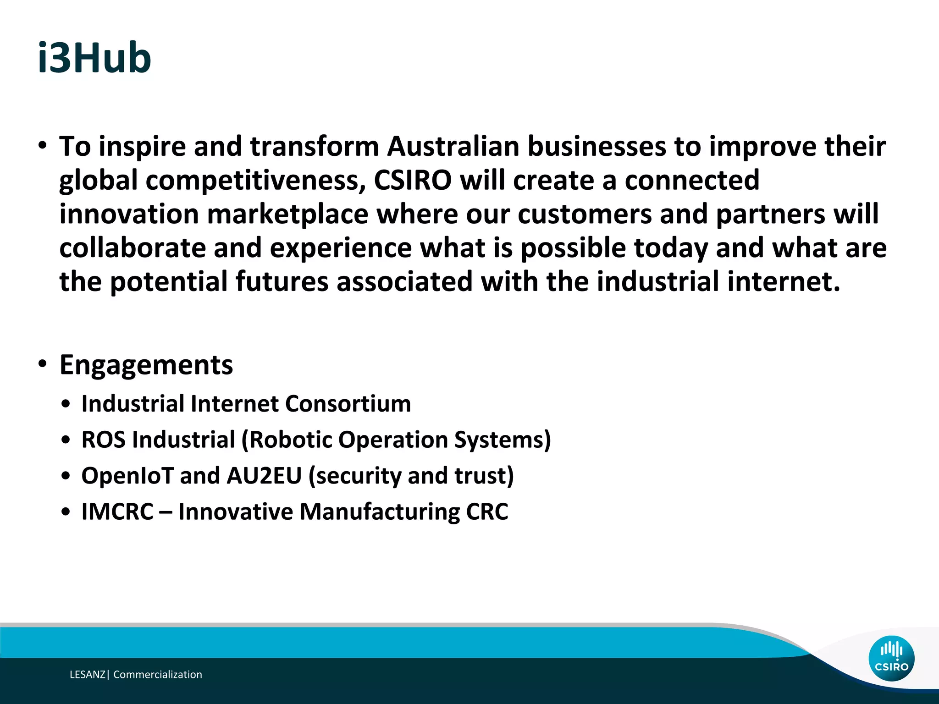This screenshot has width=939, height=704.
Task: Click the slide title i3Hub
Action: pyautogui.click(x=94, y=58)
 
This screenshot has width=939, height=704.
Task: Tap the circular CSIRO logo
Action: pyautogui.click(x=891, y=658)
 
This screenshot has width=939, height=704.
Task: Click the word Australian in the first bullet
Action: pyautogui.click(x=453, y=147)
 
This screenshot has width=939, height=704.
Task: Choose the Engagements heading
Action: pyautogui.click(x=146, y=365)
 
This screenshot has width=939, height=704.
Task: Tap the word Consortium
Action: pyautogui.click(x=348, y=404)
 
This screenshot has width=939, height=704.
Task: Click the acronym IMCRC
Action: pyautogui.click(x=117, y=511)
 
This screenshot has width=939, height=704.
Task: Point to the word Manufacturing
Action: pyautogui.click(x=379, y=511)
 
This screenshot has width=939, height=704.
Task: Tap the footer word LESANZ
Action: pyautogui.click(x=88, y=674)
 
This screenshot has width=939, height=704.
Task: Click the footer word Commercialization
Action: pyautogui.click(x=158, y=674)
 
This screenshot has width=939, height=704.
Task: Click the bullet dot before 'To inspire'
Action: pyautogui.click(x=43, y=146)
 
